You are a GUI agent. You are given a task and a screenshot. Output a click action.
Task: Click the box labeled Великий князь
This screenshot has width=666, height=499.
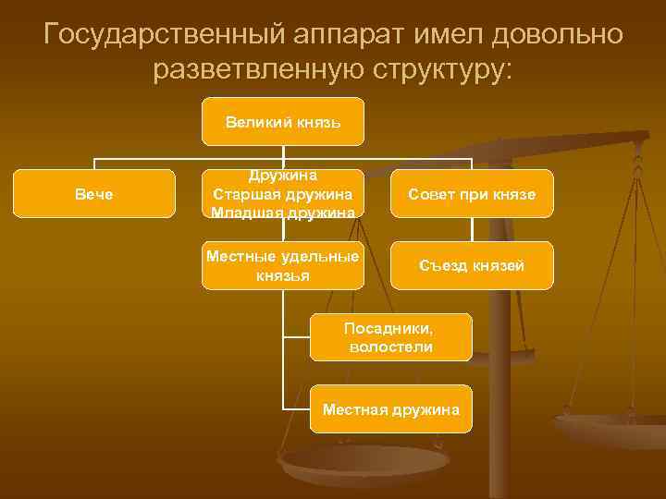coord(283,121)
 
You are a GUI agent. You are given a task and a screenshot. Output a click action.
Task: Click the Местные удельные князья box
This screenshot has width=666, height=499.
coord(283,265)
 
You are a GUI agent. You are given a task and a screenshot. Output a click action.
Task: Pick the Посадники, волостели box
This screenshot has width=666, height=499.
coord(391,337)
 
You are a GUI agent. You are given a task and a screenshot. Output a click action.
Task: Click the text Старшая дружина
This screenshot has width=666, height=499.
coord(282,193)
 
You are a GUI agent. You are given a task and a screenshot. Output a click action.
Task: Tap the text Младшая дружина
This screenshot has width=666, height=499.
coord(282,212)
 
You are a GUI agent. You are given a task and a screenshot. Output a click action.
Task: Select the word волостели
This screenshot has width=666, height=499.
coord(391,347)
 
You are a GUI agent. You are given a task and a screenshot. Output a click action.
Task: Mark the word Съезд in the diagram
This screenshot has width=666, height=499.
coord(439,265)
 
